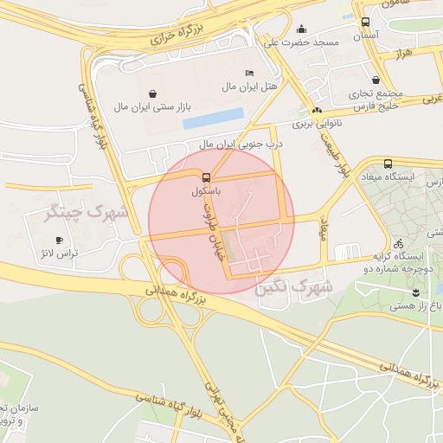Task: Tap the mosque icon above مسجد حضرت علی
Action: (301, 29)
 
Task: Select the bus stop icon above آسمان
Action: (365, 22)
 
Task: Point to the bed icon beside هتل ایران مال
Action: (250, 73)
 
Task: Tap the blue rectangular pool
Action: (213, 119)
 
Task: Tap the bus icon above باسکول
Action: (205, 177)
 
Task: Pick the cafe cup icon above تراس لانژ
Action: (59, 240)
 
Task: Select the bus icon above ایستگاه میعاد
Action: (387, 164)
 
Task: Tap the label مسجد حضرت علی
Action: (302, 42)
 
